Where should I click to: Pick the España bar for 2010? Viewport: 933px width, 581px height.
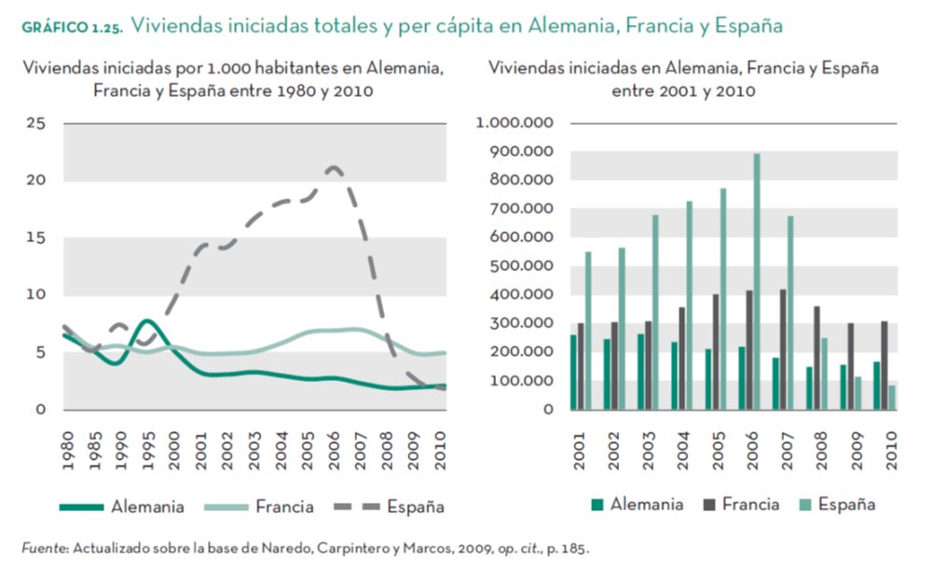click(x=891, y=397)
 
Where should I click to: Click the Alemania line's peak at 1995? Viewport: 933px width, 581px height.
click(x=147, y=321)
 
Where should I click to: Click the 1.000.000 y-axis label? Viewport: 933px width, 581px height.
click(x=515, y=123)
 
